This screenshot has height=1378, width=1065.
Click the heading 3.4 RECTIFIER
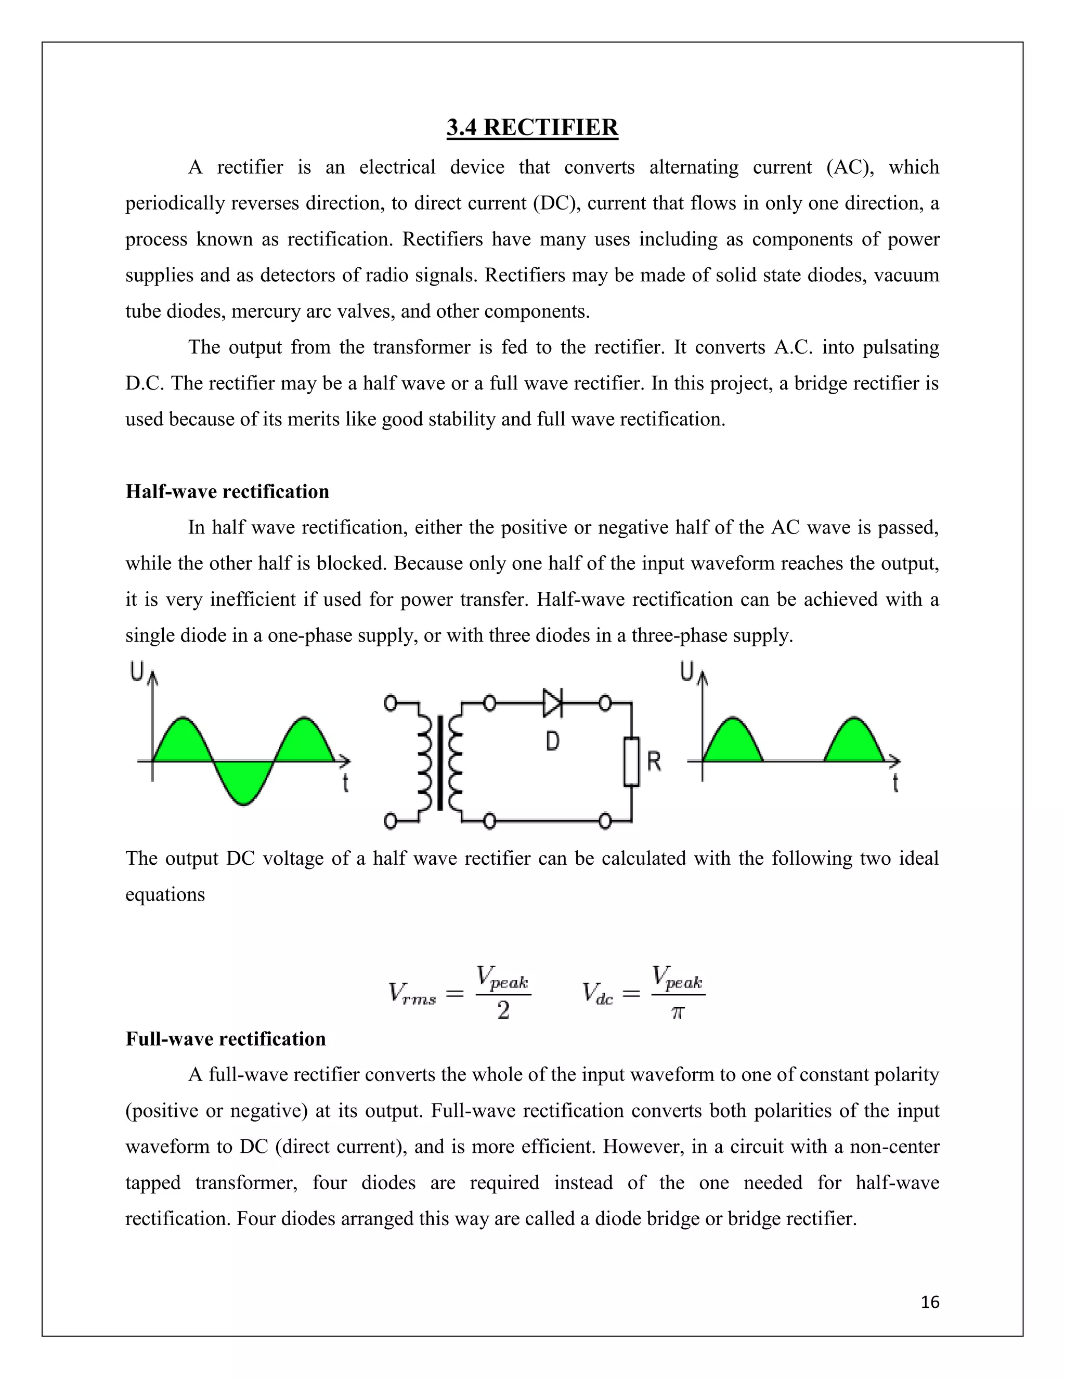532,127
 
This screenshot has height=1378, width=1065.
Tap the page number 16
930,1302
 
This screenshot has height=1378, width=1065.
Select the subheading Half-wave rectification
227,491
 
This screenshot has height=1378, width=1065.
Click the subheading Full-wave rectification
225,1038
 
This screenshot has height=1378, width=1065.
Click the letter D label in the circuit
552,742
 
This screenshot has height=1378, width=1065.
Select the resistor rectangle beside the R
631,762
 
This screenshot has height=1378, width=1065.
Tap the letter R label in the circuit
654,762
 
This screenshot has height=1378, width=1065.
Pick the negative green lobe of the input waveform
243,783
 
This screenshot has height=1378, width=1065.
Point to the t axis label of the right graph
895,783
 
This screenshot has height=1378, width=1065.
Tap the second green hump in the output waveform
854,743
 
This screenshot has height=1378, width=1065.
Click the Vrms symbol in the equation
412,994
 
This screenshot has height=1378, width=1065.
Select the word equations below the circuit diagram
165,894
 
